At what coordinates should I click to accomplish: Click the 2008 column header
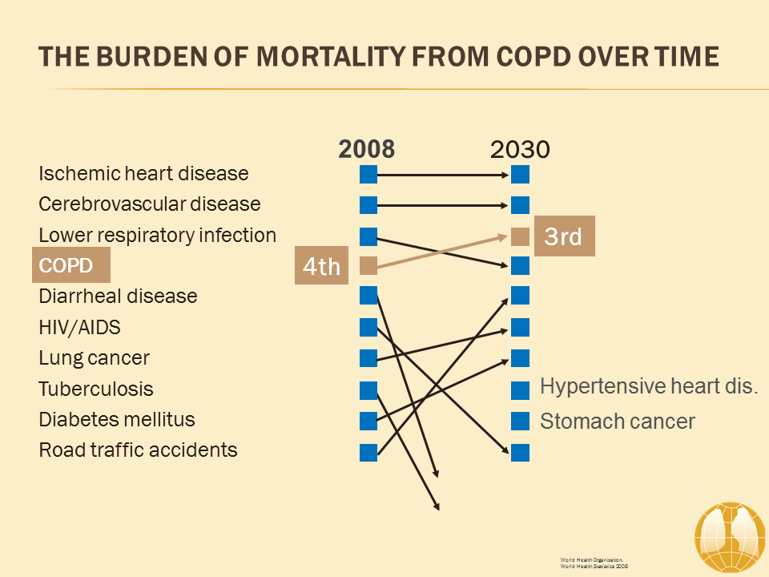click(367, 149)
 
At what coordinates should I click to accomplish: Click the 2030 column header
click(520, 150)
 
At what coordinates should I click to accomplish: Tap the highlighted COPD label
click(70, 265)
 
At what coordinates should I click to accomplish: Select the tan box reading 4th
click(322, 266)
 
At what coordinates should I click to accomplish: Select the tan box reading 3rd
click(564, 237)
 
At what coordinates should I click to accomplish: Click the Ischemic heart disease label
click(143, 173)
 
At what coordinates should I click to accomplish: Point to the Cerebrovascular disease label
click(150, 204)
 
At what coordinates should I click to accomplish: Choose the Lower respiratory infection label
click(157, 235)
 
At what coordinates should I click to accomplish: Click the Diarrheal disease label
click(118, 296)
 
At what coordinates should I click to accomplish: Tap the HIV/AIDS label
click(79, 327)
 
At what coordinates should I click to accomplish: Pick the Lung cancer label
click(94, 357)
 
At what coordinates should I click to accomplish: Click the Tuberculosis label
click(95, 389)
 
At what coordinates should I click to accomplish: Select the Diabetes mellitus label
click(117, 419)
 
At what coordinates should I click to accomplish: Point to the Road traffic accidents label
click(138, 450)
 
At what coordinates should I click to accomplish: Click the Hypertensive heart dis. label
click(649, 386)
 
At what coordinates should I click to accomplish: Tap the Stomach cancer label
click(618, 421)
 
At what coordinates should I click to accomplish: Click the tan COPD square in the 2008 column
click(368, 266)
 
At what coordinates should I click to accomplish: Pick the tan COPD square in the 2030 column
click(520, 236)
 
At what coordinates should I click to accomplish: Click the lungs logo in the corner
click(730, 538)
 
